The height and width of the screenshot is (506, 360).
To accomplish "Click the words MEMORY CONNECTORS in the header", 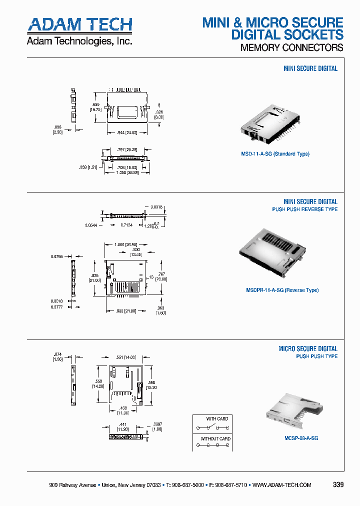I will tap(291, 48).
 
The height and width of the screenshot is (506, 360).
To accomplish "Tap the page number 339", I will tap(338, 485).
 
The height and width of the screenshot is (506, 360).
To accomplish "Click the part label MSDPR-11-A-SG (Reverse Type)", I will tap(282, 290).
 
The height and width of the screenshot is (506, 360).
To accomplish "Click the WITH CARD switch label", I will tap(217, 419).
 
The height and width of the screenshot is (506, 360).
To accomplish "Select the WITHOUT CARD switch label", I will tap(215, 439).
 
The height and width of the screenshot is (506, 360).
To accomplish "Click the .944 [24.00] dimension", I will tap(126, 132).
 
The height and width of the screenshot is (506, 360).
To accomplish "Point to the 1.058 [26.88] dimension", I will tap(126, 172).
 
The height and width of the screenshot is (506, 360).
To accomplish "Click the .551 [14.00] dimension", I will tap(126, 357).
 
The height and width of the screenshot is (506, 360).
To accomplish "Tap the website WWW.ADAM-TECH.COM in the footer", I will tap(282, 485).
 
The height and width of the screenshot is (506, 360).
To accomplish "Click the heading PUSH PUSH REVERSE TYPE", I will tap(304, 209).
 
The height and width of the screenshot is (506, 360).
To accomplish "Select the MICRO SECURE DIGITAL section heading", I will tap(307, 348).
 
